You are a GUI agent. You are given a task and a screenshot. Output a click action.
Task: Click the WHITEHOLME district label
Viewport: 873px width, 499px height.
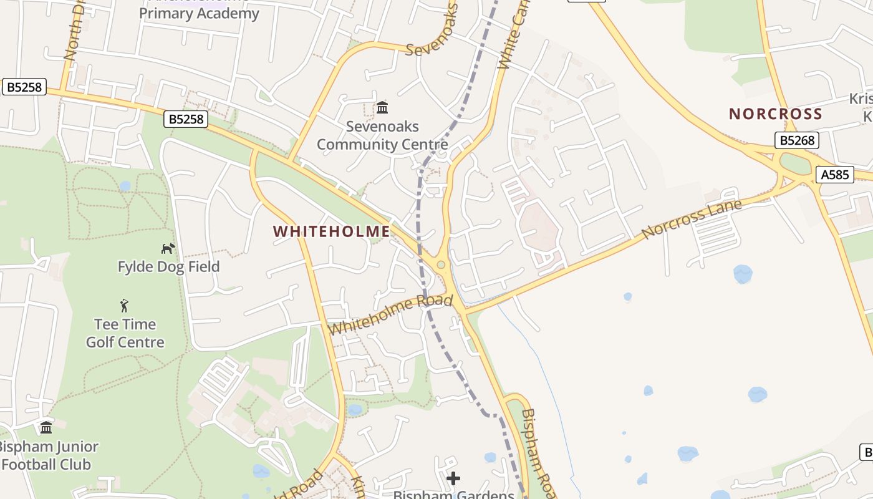[x=332, y=231]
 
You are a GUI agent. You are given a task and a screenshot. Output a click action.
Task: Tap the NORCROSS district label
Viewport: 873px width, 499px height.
[x=776, y=114]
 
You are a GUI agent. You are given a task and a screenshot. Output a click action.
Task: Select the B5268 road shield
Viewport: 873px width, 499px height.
[x=796, y=140]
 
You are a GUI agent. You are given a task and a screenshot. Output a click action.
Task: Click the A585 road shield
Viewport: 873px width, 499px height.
[x=834, y=175]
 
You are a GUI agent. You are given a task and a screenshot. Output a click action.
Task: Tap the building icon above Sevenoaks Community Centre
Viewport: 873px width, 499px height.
[x=382, y=108]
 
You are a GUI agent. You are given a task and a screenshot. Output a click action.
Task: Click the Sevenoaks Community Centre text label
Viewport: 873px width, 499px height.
[x=382, y=135]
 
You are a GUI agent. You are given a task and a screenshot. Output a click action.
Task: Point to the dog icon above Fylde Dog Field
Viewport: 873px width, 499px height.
[x=168, y=248]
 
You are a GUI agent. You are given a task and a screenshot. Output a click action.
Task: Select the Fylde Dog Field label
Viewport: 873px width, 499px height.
[x=168, y=267]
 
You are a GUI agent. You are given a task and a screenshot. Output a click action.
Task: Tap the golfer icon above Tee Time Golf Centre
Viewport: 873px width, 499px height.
[x=125, y=306]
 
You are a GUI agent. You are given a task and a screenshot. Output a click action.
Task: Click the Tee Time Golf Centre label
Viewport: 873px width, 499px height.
[x=125, y=333]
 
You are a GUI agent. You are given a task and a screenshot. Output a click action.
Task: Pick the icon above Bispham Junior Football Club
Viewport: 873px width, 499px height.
[x=46, y=428]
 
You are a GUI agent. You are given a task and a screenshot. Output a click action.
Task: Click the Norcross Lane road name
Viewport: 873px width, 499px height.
[x=692, y=219]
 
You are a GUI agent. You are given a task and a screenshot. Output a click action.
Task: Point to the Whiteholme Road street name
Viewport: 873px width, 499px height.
[x=390, y=314]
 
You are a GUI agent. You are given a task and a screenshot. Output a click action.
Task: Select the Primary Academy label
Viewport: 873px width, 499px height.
[x=199, y=13]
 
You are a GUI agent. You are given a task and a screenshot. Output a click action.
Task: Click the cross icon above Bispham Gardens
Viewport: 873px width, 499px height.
[x=453, y=478]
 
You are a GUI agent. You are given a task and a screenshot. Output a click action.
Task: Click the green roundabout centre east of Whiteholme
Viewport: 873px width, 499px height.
[x=441, y=265]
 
